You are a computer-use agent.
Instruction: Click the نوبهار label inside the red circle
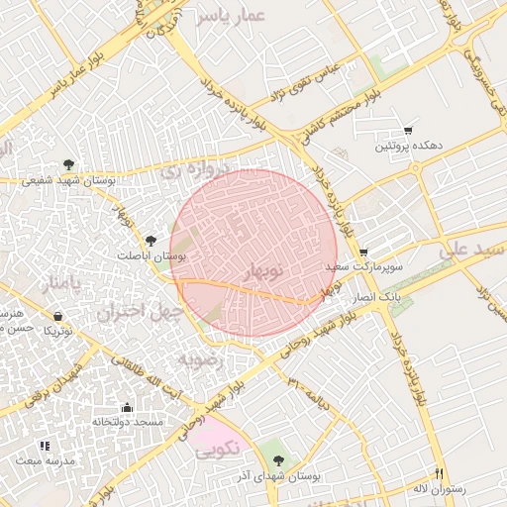263,270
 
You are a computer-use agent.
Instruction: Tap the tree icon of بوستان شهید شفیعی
67,164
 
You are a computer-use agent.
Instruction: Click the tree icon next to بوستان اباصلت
151,240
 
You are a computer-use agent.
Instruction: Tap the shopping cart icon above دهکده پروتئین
408,131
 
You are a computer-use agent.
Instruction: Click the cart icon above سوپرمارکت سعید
363,253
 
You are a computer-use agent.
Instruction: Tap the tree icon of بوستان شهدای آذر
278,460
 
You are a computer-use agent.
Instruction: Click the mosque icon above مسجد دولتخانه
127,407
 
